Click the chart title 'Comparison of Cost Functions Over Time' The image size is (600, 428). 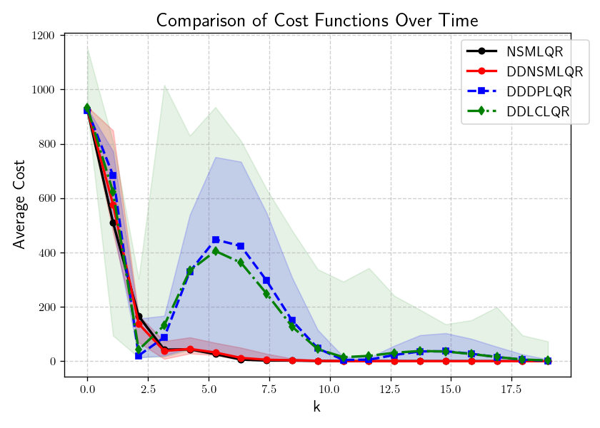[317, 20]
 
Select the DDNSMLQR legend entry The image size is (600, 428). [544, 71]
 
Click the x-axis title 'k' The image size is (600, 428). [317, 407]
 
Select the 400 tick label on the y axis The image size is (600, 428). [49, 253]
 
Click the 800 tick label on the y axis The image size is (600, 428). [49, 144]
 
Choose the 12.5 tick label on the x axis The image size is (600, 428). [390, 390]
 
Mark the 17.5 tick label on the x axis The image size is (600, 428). [511, 390]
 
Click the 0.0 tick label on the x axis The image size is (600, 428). [87, 390]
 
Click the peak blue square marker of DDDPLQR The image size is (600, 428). [216, 240]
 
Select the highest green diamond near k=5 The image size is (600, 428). [216, 251]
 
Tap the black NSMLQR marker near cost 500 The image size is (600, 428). [113, 223]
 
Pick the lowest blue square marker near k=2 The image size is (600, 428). [139, 355]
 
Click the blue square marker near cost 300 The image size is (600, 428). [266, 280]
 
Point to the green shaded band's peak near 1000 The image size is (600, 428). [165, 86]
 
